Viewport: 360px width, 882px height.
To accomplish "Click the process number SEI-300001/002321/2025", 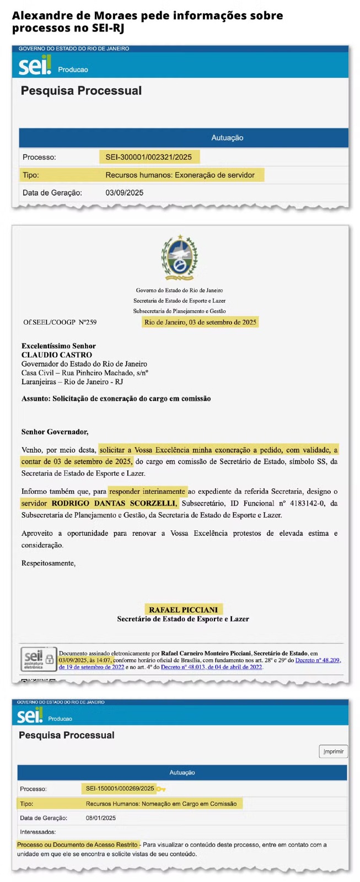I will click(149, 157).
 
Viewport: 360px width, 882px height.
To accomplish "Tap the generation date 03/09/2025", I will click(124, 193).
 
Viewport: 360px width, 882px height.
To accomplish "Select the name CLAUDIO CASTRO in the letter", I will click(57, 355).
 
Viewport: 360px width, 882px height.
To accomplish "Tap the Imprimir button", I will click(333, 751).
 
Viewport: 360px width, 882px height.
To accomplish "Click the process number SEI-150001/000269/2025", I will click(120, 788).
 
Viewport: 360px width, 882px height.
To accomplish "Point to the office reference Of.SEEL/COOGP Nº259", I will click(60, 322).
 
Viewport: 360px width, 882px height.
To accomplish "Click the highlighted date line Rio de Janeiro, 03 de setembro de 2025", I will click(200, 322).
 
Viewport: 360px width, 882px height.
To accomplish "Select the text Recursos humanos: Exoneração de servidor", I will click(180, 175).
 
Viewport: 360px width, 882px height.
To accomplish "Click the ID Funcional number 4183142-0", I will click(303, 503).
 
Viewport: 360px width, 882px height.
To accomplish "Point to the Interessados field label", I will click(37, 832).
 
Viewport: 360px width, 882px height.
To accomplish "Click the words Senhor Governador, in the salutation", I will click(55, 432).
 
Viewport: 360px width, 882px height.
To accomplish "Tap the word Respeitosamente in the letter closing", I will click(48, 563).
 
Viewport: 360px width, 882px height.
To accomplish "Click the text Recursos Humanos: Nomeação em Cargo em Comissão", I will click(161, 804).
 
